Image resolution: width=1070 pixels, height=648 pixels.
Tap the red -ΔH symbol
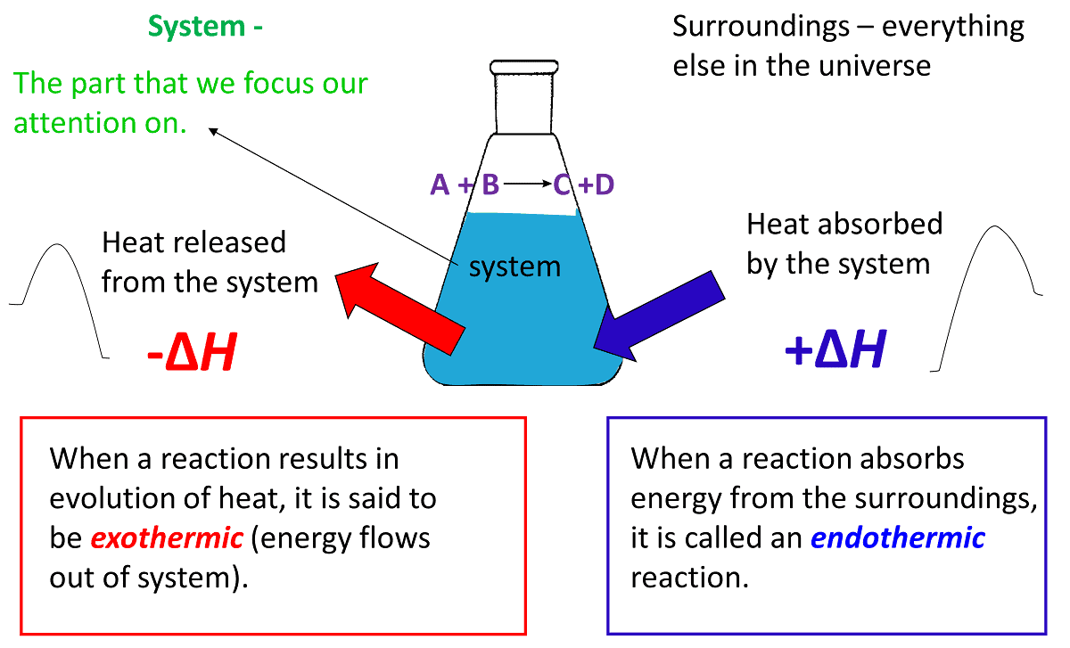(x=191, y=355)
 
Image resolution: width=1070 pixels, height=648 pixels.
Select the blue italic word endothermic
(x=898, y=537)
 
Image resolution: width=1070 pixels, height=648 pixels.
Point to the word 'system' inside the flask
(x=514, y=266)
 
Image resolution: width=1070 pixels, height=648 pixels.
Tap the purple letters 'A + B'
(x=465, y=185)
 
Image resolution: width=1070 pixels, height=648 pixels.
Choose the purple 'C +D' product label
(x=584, y=185)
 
